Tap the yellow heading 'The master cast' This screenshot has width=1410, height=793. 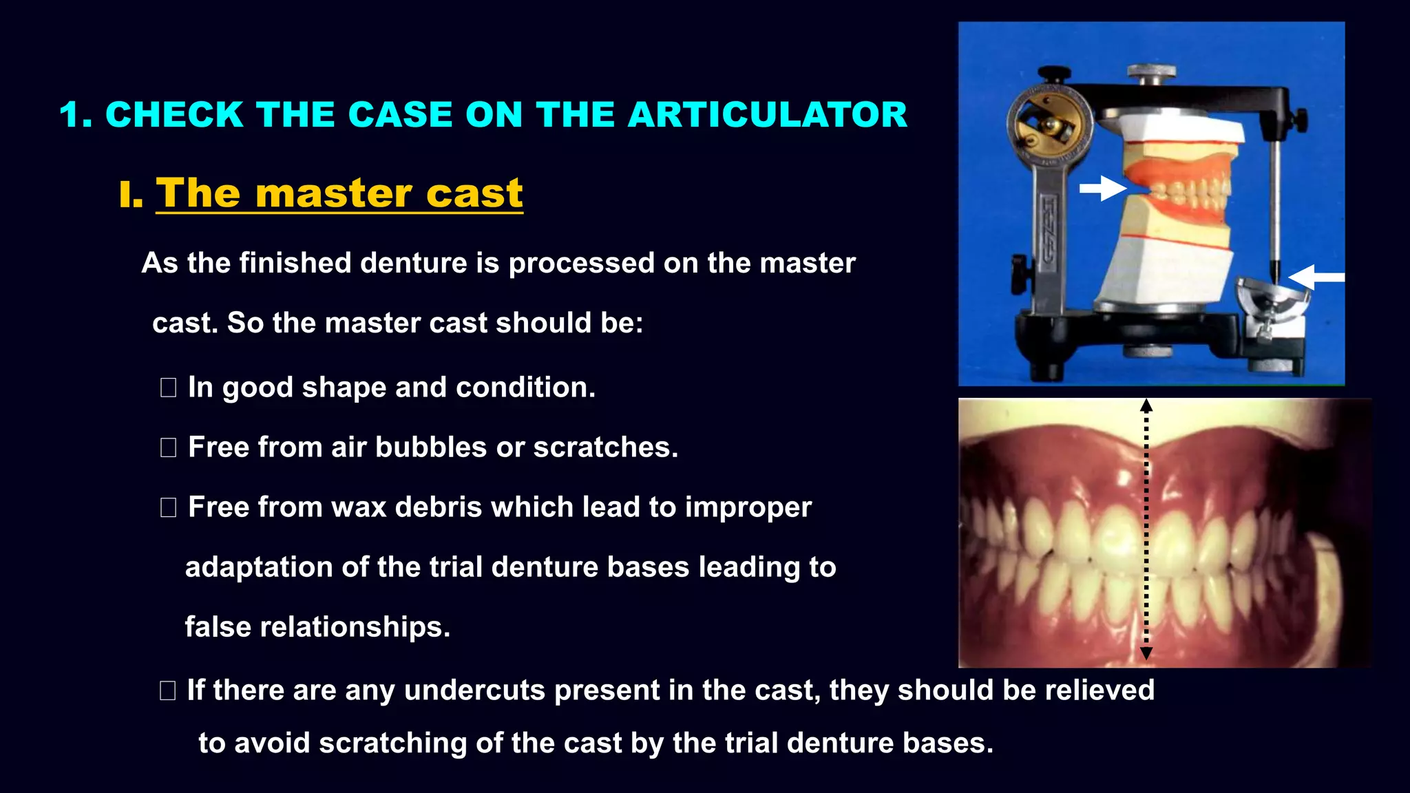point(339,193)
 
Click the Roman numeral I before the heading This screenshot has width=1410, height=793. point(130,195)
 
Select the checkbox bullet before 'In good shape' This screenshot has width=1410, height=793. point(168,388)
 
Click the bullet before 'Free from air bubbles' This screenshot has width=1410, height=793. point(168,447)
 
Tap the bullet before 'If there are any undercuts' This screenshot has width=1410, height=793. point(167,690)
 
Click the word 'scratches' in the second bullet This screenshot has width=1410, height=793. point(605,447)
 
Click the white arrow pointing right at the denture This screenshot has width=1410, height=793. point(1102,188)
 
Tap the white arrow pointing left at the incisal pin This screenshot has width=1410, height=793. point(1316,277)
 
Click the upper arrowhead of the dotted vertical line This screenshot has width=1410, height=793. point(1146,405)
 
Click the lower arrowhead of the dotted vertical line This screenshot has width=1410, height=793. point(1146,653)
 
